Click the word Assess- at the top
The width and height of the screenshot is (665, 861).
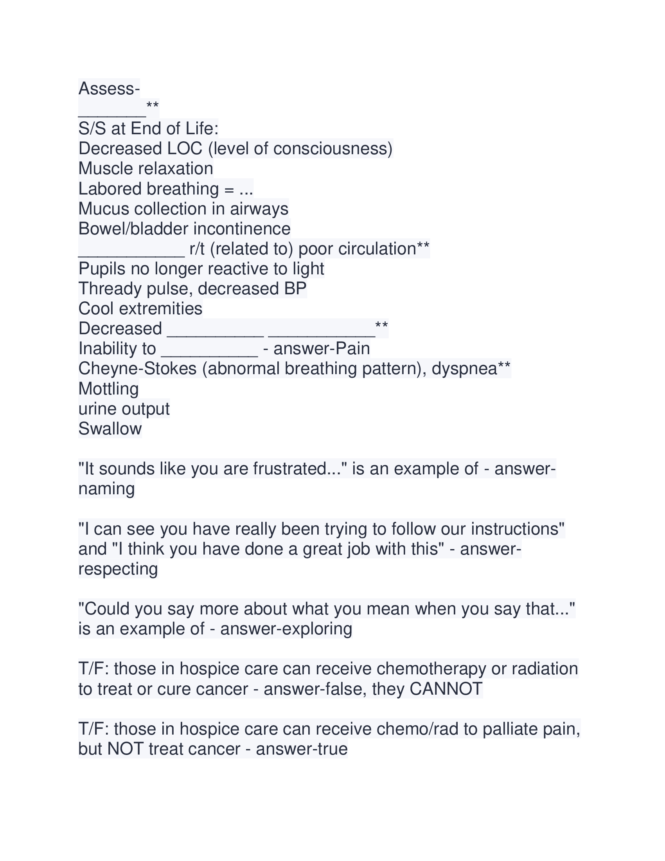(x=109, y=89)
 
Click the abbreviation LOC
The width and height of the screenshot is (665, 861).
(x=185, y=149)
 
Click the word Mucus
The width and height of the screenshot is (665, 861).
(x=104, y=209)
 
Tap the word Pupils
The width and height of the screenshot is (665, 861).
(x=102, y=269)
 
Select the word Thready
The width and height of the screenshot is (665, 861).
(x=110, y=289)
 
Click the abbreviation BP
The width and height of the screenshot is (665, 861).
(x=295, y=289)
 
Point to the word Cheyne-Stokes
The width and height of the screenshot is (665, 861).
(x=137, y=369)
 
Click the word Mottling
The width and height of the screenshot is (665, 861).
(x=108, y=389)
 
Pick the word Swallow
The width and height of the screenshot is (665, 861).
(x=110, y=429)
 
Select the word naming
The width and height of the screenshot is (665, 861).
(x=106, y=489)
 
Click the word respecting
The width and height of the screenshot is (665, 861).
(x=118, y=569)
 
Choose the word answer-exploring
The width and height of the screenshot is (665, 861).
(x=286, y=629)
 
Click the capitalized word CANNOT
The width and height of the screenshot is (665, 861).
(x=446, y=689)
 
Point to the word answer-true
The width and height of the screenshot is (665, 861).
(x=302, y=749)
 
